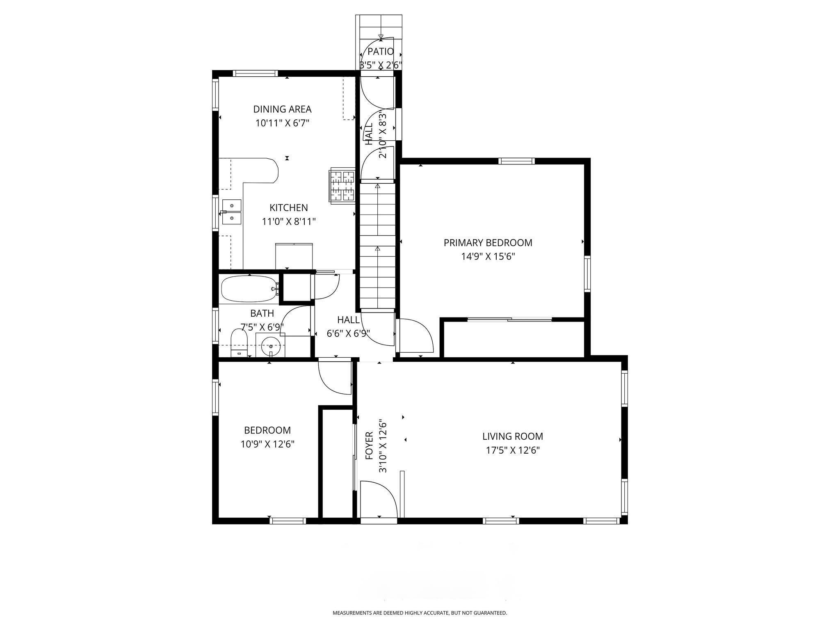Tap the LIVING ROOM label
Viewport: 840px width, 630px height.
point(512,436)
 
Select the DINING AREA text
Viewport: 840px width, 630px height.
point(282,109)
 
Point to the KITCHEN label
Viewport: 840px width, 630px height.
point(288,208)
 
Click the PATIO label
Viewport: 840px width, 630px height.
point(381,52)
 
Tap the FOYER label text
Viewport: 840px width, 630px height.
point(369,445)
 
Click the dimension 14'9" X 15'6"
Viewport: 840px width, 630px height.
point(488,257)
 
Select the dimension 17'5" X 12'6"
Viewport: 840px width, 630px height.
point(512,450)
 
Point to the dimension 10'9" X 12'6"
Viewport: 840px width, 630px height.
point(267,444)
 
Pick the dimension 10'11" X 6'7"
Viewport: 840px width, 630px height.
point(282,123)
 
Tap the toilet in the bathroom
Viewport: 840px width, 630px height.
point(239,343)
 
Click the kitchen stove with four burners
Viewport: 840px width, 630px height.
point(342,186)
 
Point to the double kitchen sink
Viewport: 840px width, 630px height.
point(232,212)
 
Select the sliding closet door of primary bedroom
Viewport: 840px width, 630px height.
point(510,320)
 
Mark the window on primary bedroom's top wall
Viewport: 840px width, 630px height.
point(516,161)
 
